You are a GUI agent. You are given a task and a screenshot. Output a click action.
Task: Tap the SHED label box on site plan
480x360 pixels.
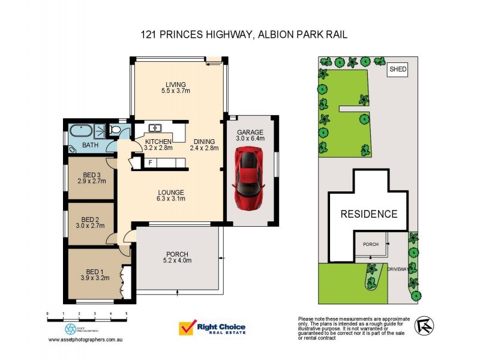[x=398, y=70]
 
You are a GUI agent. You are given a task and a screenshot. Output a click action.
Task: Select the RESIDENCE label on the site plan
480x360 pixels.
[x=369, y=214]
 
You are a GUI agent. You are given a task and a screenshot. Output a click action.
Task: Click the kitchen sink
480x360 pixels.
[x=154, y=127]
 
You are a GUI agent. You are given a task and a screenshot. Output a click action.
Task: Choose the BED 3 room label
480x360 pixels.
[x=92, y=176]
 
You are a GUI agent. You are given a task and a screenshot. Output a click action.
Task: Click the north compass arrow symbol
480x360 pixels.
[x=424, y=325]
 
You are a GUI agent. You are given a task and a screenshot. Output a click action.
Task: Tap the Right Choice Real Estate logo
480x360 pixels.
[x=212, y=328]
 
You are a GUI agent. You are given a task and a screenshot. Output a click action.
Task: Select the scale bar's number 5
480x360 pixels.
[x=126, y=314]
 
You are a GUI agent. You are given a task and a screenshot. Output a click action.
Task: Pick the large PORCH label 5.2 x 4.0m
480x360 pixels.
[x=177, y=257]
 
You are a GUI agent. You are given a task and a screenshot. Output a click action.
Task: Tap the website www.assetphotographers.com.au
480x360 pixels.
[x=86, y=340]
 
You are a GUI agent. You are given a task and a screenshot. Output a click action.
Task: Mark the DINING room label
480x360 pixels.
[x=204, y=145]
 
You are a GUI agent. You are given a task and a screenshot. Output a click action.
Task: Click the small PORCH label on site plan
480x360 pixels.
[x=371, y=244]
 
